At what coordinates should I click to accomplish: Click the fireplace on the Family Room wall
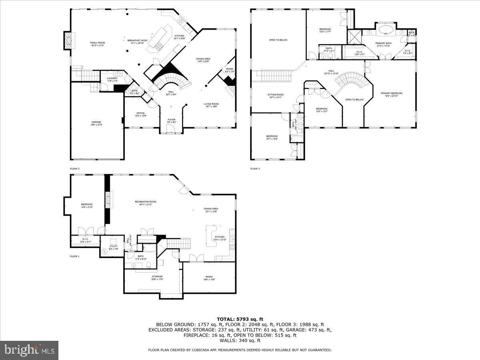[68, 40]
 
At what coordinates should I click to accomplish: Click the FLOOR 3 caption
[255, 169]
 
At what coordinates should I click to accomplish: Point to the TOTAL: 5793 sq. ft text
[240, 319]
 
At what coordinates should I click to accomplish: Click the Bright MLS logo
[29, 350]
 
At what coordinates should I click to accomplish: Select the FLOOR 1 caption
[75, 256]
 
